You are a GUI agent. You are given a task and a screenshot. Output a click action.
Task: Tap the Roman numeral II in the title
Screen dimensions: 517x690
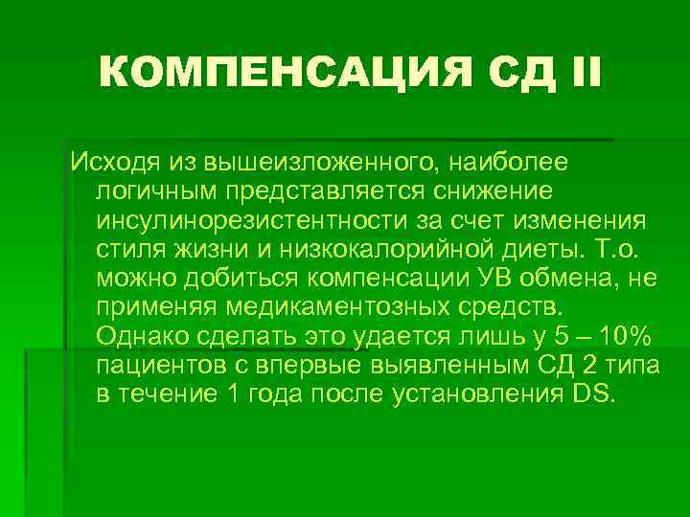(580, 73)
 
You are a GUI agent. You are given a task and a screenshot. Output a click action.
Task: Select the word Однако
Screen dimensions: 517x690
(141, 338)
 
